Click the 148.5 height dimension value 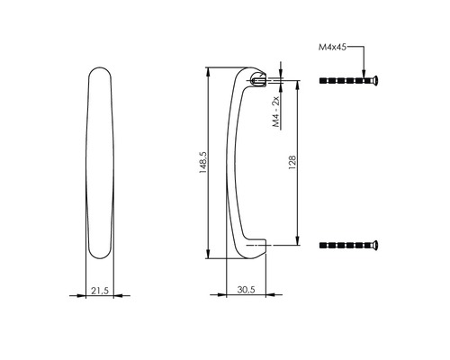tap(204, 163)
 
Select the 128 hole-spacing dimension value tap(293, 163)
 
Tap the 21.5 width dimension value tap(102, 292)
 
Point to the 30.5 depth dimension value tap(245, 292)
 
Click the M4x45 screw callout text tap(333, 44)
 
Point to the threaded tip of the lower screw tap(323, 244)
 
